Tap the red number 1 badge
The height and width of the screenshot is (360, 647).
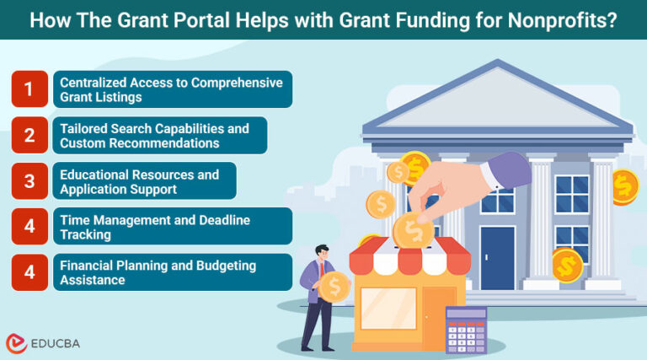29,89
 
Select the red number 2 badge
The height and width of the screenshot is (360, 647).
29,135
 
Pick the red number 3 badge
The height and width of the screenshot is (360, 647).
29,180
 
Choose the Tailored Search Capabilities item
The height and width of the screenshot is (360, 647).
159,135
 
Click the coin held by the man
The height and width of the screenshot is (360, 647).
334,287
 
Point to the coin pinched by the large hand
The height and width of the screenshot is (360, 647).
414,228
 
